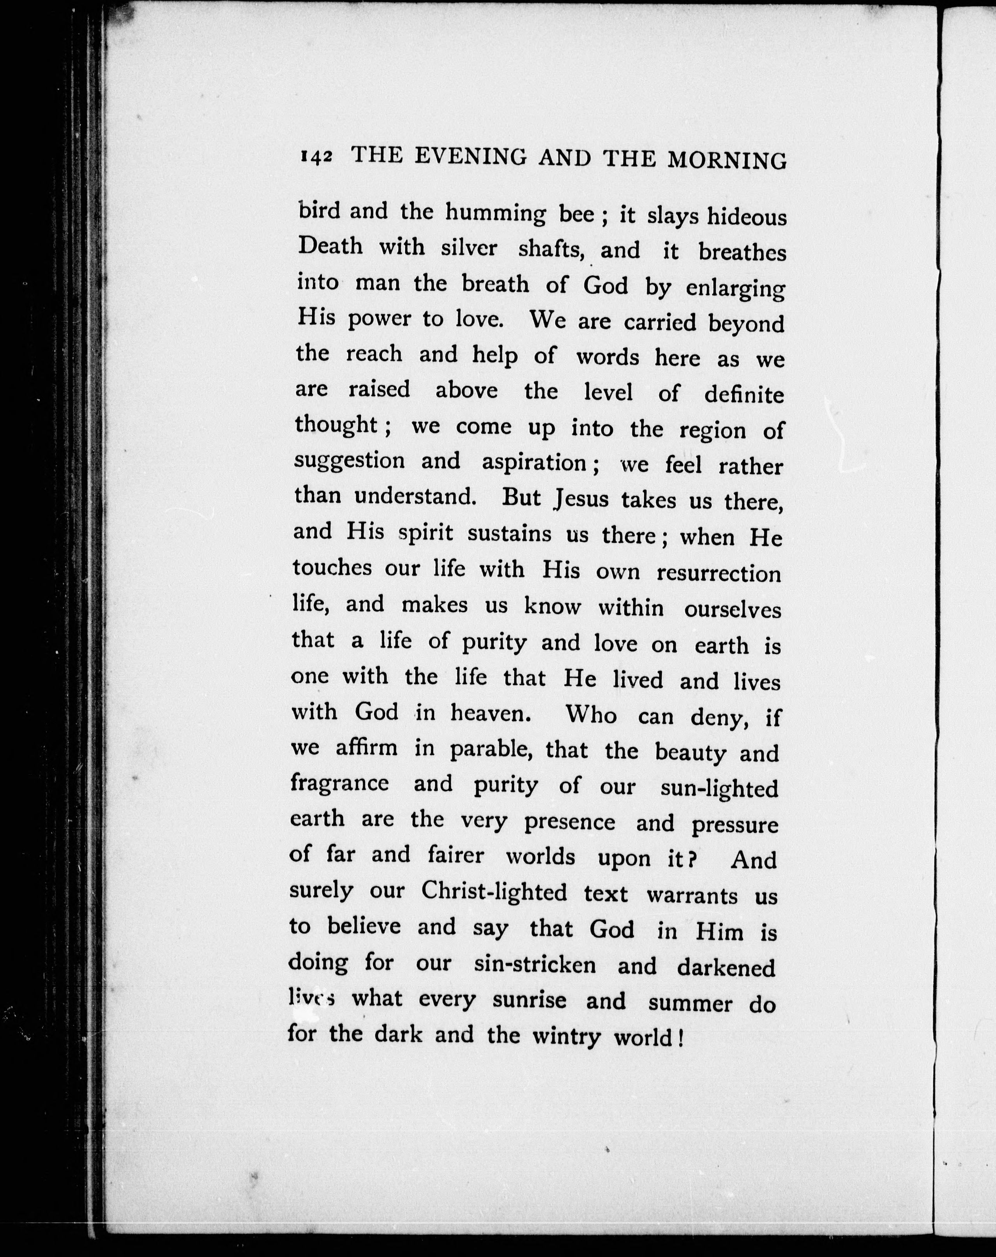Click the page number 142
coord(316,157)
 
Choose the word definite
coord(744,395)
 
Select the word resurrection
coord(719,574)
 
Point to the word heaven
coord(489,713)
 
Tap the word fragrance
coord(339,783)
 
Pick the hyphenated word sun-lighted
coord(720,788)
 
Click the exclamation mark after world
coord(680,1038)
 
